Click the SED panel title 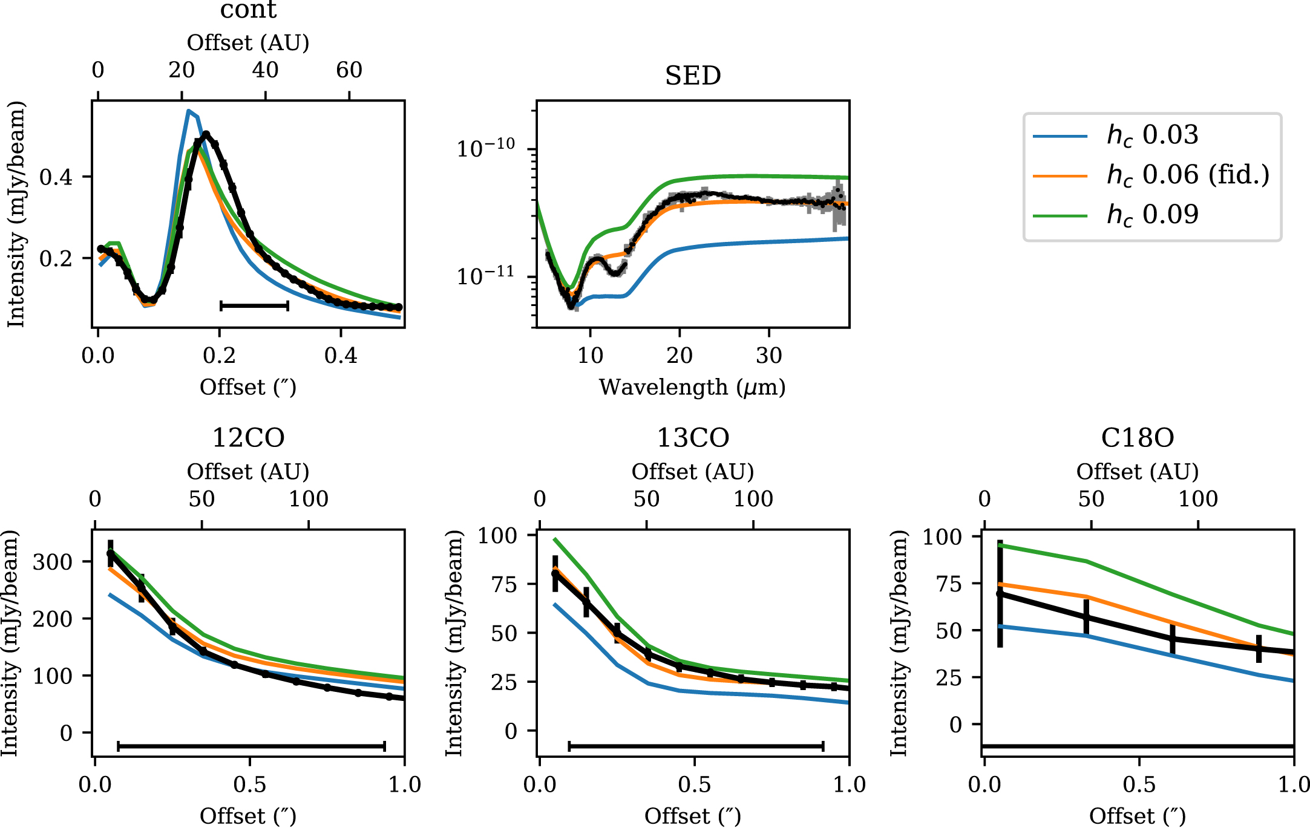[693, 76]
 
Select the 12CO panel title [248, 438]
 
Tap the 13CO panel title [693, 438]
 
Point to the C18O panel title [1138, 438]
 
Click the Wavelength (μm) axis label [692, 387]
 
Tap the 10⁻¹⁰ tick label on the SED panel [486, 148]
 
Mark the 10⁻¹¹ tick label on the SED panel [486, 276]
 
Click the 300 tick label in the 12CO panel [53, 562]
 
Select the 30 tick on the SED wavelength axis [769, 356]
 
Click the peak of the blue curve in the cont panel [189, 111]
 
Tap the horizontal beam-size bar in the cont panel [254, 306]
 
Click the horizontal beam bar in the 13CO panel [696, 746]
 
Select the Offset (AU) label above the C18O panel [1138, 472]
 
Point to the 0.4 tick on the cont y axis [56, 177]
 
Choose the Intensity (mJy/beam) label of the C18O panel [899, 643]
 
